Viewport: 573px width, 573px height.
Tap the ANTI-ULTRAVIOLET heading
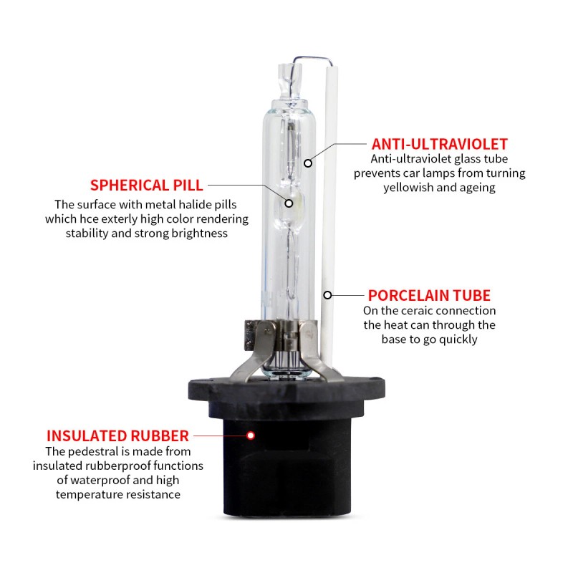point(439,144)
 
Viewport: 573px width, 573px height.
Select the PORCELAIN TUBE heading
point(429,295)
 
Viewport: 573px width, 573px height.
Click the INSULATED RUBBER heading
point(117,435)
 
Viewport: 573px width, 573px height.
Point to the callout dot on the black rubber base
point(251,435)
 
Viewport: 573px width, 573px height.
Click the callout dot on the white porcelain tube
point(327,294)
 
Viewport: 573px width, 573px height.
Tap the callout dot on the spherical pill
point(289,203)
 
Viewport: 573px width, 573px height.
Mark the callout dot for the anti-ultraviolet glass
point(308,163)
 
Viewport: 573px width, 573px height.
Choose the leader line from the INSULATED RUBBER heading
point(219,435)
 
